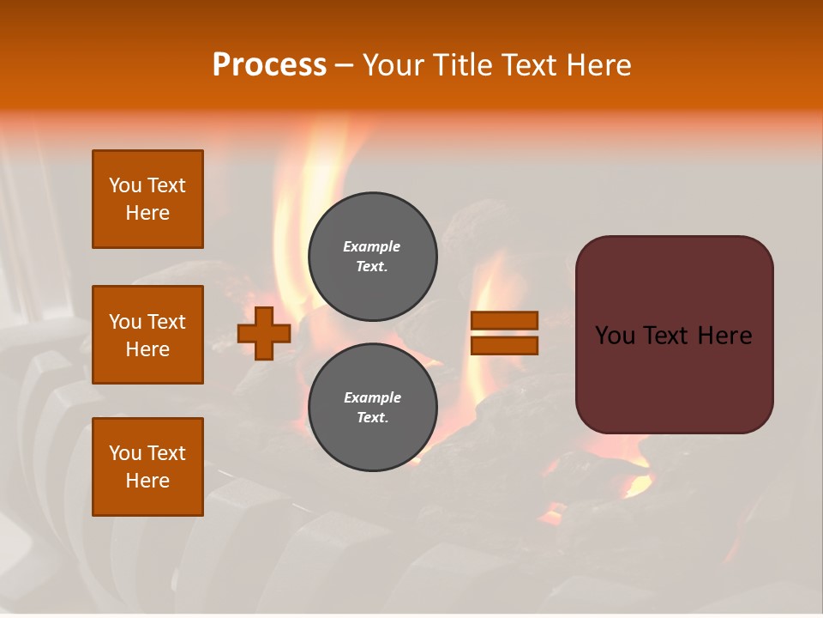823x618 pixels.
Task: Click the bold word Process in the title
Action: pyautogui.click(x=269, y=65)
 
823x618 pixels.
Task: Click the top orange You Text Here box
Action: pyautogui.click(x=147, y=199)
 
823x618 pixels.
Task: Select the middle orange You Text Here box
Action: pyautogui.click(x=147, y=335)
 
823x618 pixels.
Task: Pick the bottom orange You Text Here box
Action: pyautogui.click(x=147, y=467)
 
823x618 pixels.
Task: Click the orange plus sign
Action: pyautogui.click(x=264, y=333)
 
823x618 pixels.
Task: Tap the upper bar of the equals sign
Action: pyautogui.click(x=504, y=321)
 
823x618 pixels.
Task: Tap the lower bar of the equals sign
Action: pyautogui.click(x=504, y=346)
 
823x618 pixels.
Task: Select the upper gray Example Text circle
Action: pyautogui.click(x=373, y=257)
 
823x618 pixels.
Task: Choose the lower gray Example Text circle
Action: pyautogui.click(x=373, y=408)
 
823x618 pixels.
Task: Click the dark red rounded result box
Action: pyautogui.click(x=674, y=334)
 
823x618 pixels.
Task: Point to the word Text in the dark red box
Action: pyautogui.click(x=674, y=336)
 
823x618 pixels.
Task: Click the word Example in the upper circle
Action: pyautogui.click(x=372, y=246)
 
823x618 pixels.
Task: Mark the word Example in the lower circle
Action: pyautogui.click(x=372, y=397)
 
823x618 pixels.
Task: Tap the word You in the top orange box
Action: pyautogui.click(x=124, y=185)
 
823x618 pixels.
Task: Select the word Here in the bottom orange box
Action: pyautogui.click(x=147, y=481)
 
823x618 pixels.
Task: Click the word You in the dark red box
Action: pyautogui.click(x=615, y=336)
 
